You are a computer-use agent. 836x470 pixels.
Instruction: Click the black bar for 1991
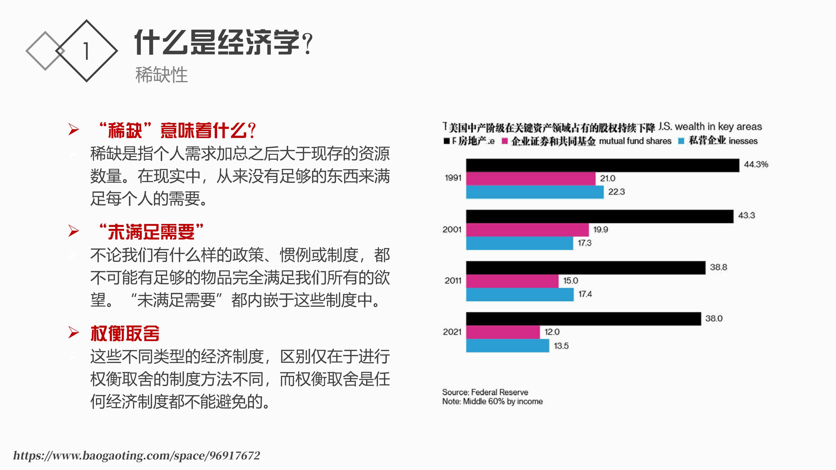[x=602, y=165]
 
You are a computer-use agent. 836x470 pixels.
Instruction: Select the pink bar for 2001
[x=527, y=230]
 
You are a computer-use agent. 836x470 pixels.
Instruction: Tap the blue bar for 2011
[x=520, y=294]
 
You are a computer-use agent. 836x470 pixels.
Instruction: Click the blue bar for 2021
[x=508, y=346]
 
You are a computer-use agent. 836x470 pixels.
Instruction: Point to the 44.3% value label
[x=756, y=164]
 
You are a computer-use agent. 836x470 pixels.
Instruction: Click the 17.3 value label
[x=585, y=243]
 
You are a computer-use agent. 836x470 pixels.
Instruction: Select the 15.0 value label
[x=571, y=280]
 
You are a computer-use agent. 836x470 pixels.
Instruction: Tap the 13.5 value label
[x=561, y=346]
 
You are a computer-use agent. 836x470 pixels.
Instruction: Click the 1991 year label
[x=453, y=178]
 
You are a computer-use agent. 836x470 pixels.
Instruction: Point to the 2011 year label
[x=453, y=280]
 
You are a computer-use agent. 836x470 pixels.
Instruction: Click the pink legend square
[x=504, y=141]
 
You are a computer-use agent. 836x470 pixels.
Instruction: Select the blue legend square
[x=681, y=141]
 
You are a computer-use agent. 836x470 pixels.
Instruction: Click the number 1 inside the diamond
[x=86, y=51]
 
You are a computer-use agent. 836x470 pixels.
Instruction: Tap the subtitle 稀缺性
[x=161, y=75]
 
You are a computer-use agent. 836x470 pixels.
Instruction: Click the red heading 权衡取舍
[x=125, y=334]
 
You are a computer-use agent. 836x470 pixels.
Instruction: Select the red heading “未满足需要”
[x=151, y=232]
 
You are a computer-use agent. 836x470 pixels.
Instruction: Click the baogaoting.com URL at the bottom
[x=137, y=456]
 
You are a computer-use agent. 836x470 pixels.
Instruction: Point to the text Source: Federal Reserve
[x=485, y=392]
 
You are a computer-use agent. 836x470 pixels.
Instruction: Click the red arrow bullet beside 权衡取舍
[x=74, y=333]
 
